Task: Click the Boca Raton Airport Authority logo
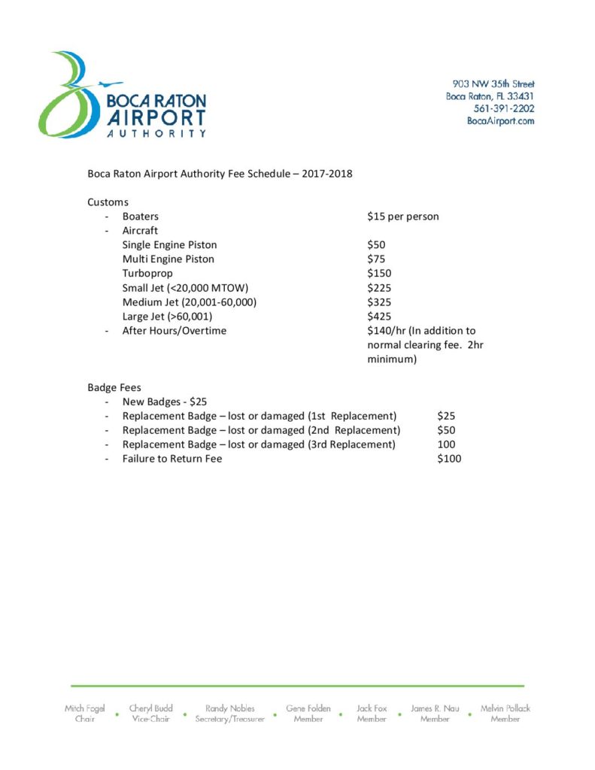click(121, 95)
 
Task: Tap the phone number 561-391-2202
click(503, 108)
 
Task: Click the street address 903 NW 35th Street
click(493, 84)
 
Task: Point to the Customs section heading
click(108, 202)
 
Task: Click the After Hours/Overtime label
click(175, 331)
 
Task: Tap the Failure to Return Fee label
click(172, 459)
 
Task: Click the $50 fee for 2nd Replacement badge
click(446, 430)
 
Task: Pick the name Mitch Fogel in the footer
click(84, 708)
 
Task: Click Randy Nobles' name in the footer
click(230, 708)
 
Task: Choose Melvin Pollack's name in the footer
click(505, 708)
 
